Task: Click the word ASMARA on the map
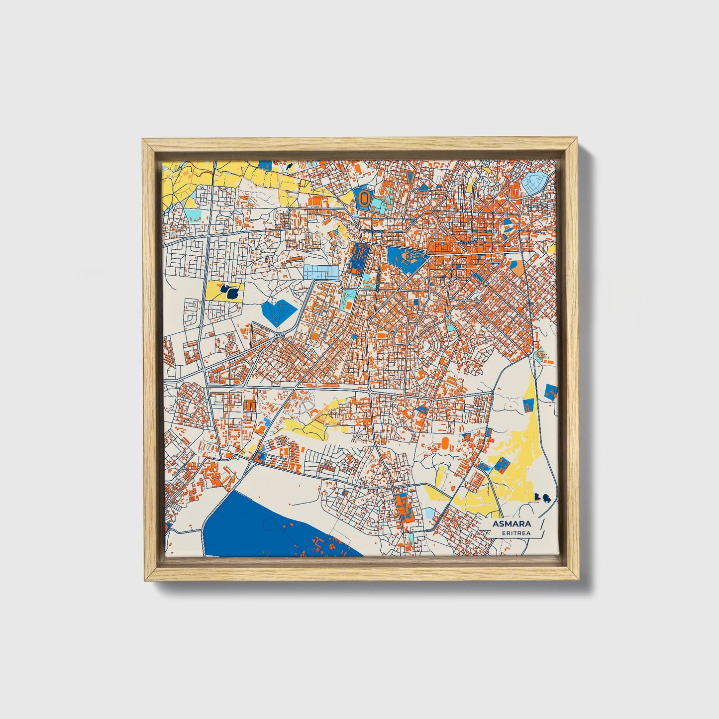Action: [511, 524]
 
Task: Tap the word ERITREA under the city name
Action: [516, 533]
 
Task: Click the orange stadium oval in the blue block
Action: [364, 199]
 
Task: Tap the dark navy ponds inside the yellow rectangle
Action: [229, 291]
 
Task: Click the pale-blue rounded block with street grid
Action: [535, 183]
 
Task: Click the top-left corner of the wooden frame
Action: [143, 140]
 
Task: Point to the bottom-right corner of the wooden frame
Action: [579, 580]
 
